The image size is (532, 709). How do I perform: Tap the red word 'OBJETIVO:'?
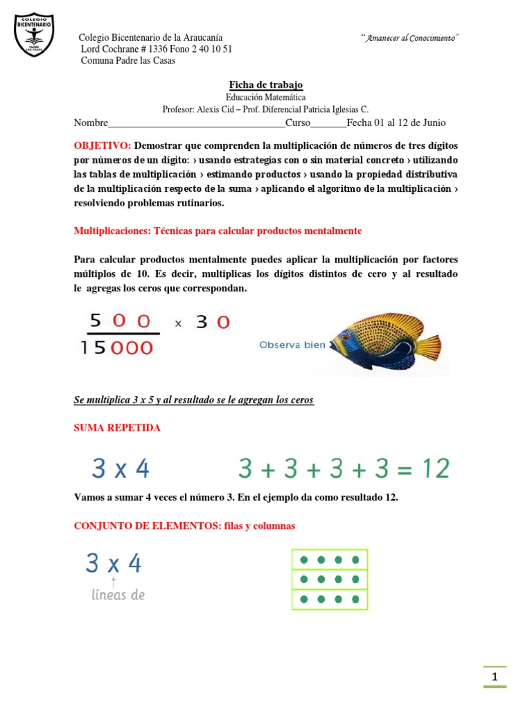click(x=103, y=146)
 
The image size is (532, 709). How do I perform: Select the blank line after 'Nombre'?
click(x=197, y=123)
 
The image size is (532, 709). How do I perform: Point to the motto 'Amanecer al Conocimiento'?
click(x=411, y=37)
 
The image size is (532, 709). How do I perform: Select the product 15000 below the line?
click(x=116, y=347)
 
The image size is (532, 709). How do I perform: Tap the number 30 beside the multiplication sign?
click(x=213, y=322)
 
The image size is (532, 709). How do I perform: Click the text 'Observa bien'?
click(x=292, y=345)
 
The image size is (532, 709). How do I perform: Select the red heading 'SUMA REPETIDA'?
click(x=117, y=428)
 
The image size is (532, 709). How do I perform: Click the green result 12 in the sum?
click(x=434, y=469)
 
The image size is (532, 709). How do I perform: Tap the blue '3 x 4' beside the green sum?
click(x=121, y=469)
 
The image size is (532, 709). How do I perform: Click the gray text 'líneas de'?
click(x=118, y=595)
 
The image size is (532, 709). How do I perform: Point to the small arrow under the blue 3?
click(x=114, y=582)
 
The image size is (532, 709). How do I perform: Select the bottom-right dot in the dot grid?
click(x=355, y=599)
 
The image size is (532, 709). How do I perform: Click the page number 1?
click(x=495, y=677)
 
